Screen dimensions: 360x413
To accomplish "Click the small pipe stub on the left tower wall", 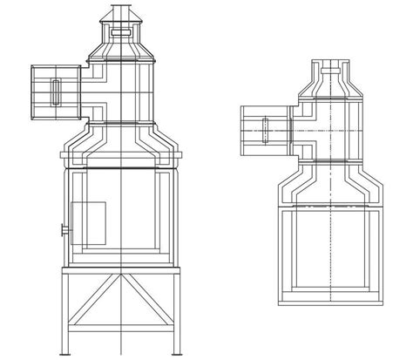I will (x=63, y=230).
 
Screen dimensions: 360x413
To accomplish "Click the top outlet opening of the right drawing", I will (x=330, y=65).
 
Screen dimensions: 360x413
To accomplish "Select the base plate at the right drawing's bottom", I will (x=331, y=302).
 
